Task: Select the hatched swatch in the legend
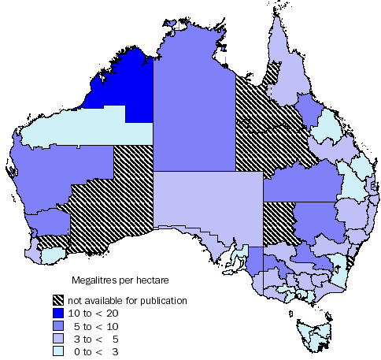[x=57, y=300]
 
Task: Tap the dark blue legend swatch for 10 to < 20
[x=57, y=313]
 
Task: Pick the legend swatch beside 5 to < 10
[x=57, y=325]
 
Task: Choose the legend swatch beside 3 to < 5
[x=57, y=338]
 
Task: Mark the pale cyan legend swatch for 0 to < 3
[x=57, y=351]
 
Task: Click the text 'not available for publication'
[x=128, y=300]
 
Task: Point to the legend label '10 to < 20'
[x=91, y=313]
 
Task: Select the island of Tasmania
[x=313, y=335]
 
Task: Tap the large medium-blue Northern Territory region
[x=193, y=110]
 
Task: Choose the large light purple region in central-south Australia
[x=205, y=205]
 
